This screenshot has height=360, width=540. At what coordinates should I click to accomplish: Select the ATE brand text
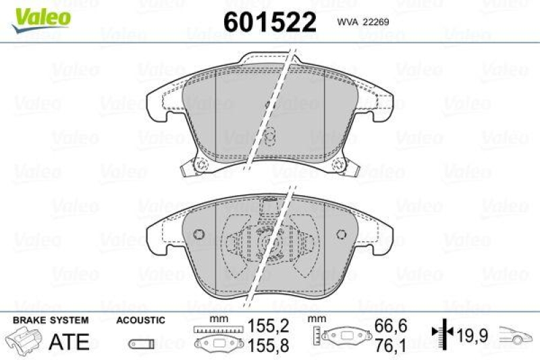point(70,342)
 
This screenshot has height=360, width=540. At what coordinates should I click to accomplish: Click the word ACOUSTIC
point(140,320)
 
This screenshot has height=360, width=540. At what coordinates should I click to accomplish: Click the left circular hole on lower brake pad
point(198,234)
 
